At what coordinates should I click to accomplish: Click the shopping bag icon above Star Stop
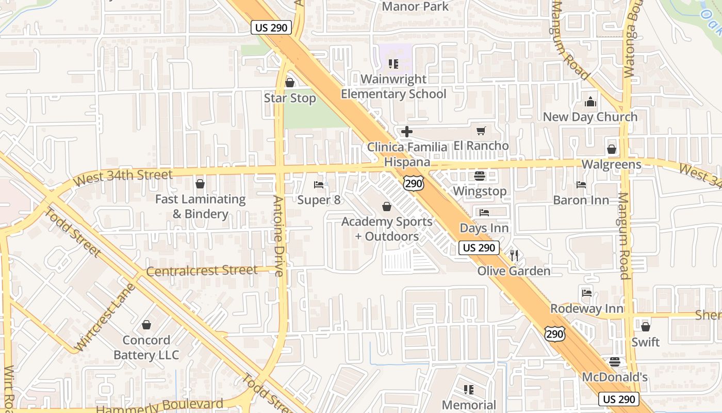click(290, 83)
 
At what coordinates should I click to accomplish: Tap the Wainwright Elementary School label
click(393, 86)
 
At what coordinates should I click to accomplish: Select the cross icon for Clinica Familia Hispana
click(407, 132)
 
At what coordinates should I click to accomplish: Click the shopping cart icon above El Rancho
click(481, 131)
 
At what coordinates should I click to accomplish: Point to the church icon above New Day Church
click(590, 102)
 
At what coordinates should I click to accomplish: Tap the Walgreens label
click(611, 164)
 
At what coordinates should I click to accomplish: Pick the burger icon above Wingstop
click(480, 176)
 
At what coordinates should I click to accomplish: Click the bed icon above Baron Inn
click(581, 185)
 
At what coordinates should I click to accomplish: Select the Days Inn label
click(484, 228)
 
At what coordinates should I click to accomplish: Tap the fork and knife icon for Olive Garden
click(514, 255)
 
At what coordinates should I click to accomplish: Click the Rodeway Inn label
click(587, 309)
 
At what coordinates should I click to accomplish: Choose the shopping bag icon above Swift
click(645, 327)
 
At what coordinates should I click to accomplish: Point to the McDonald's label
click(614, 377)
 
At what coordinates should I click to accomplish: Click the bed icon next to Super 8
click(319, 185)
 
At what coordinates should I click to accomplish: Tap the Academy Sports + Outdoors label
click(387, 229)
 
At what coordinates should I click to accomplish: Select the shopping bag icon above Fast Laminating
click(200, 184)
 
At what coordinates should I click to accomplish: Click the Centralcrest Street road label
click(202, 271)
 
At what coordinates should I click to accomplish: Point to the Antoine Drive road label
click(278, 235)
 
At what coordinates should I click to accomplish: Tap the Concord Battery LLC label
click(146, 347)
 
